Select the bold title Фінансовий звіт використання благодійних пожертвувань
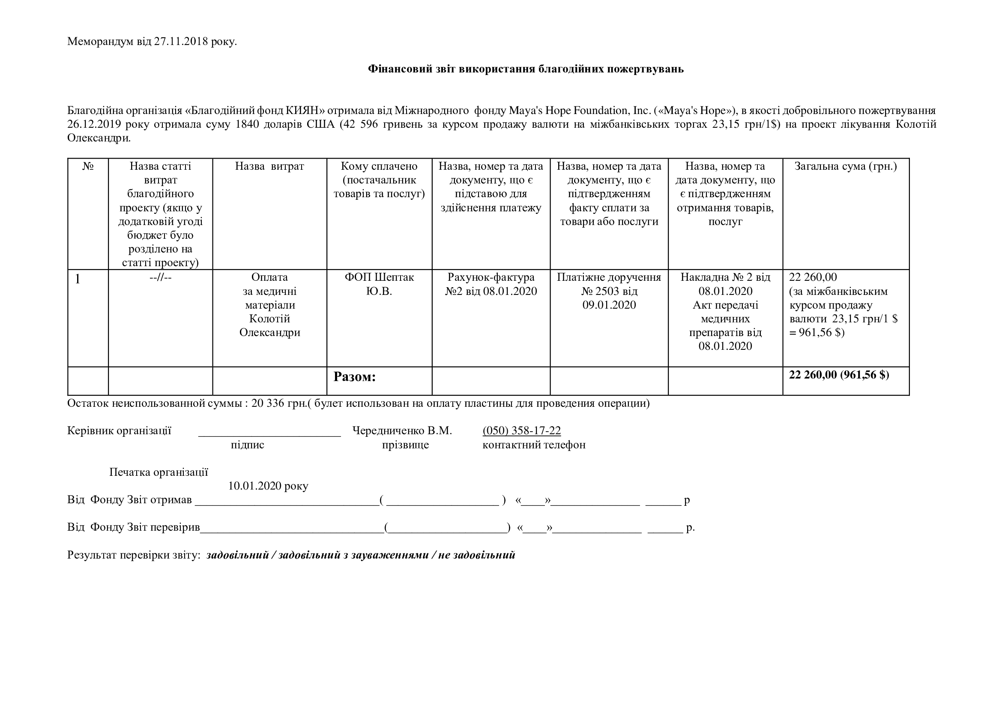pyautogui.click(x=526, y=69)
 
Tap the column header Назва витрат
pyautogui.click(x=269, y=166)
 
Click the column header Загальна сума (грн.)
pyautogui.click(x=845, y=166)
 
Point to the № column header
pyautogui.click(x=88, y=166)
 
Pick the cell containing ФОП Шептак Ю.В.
pyautogui.click(x=379, y=284)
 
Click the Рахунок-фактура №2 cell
pyautogui.click(x=491, y=284)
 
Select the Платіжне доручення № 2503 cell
pyautogui.click(x=609, y=291)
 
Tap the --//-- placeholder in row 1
pyautogui.click(x=160, y=277)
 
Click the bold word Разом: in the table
pyautogui.click(x=354, y=377)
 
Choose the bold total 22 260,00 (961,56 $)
pyautogui.click(x=839, y=375)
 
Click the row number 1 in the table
pyautogui.click(x=78, y=279)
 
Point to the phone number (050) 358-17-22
pyautogui.click(x=521, y=431)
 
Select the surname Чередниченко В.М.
pyautogui.click(x=402, y=431)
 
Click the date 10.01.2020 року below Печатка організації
pyautogui.click(x=268, y=486)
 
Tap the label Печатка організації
pyautogui.click(x=159, y=472)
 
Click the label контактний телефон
pyautogui.click(x=534, y=445)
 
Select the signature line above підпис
pyautogui.click(x=269, y=433)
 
